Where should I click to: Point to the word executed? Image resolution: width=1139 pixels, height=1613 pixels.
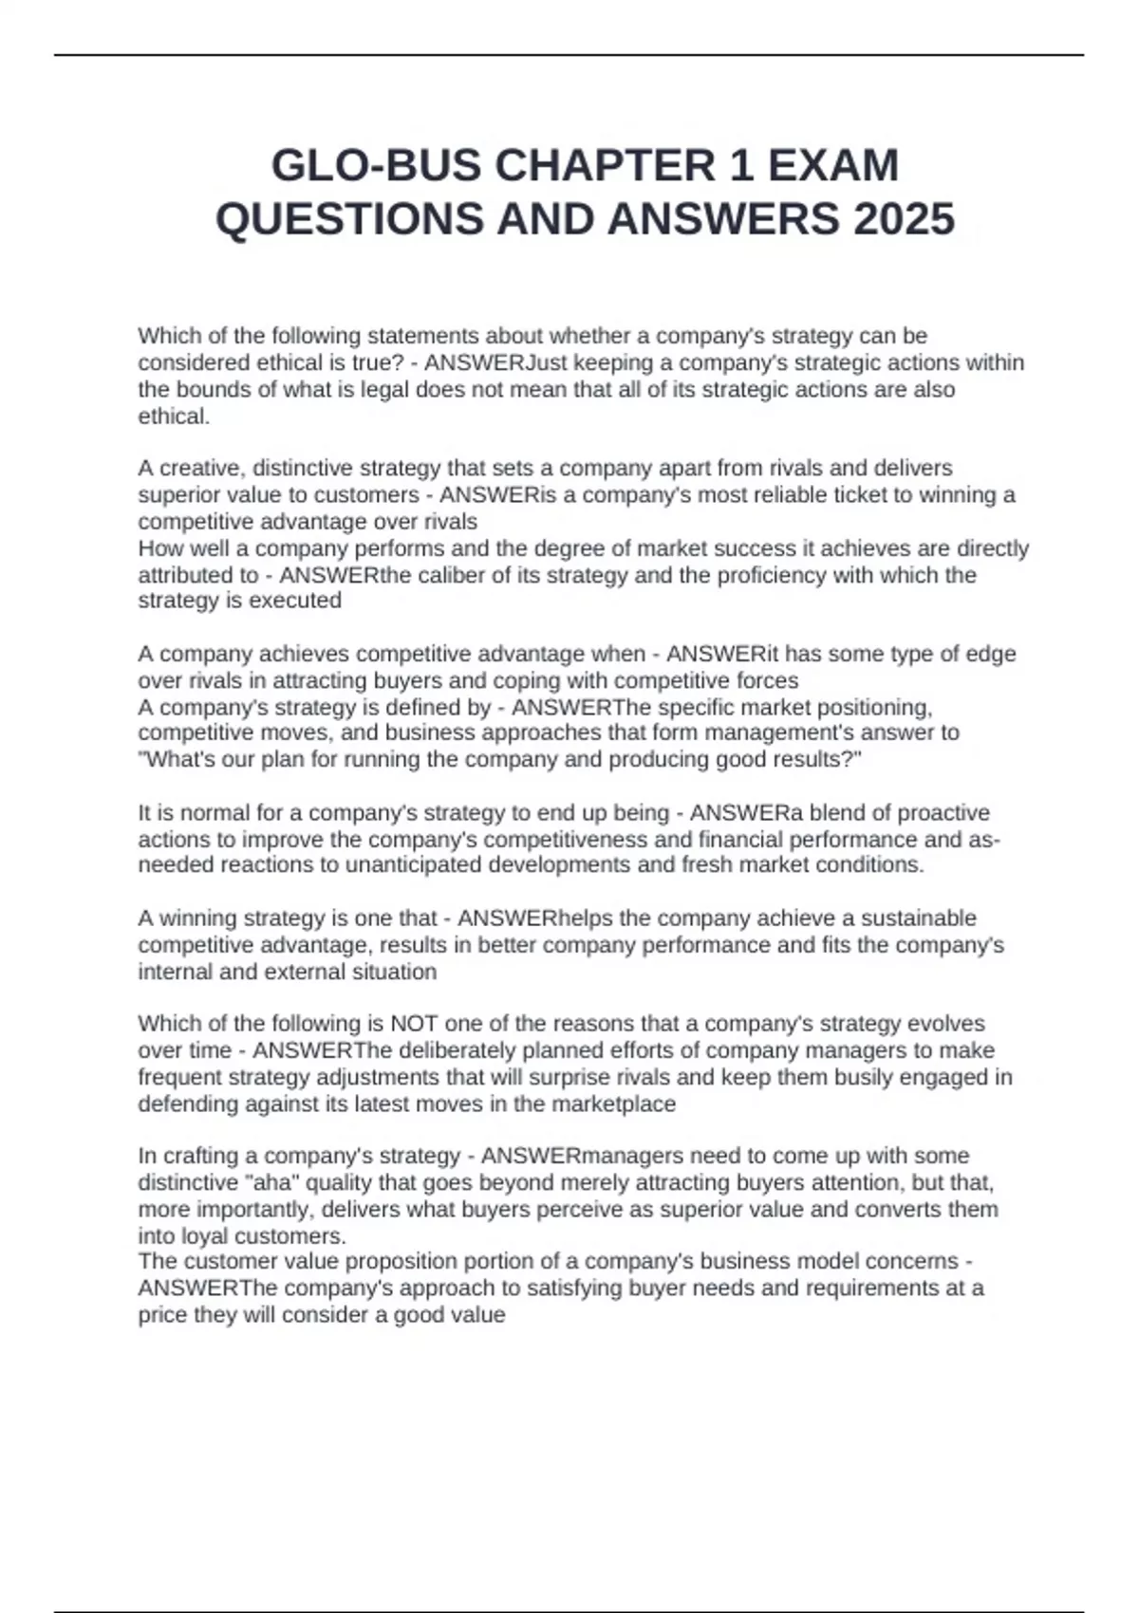pyautogui.click(x=298, y=601)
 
